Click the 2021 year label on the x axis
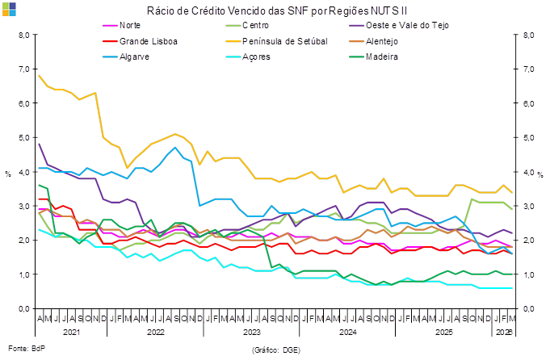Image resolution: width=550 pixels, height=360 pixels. coord(72,332)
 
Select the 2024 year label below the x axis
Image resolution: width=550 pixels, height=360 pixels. coord(346,332)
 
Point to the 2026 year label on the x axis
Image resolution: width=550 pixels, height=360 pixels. coord(503,332)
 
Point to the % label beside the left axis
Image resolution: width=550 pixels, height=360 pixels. coord(8,173)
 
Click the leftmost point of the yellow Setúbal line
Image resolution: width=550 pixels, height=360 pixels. coord(39,75)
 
